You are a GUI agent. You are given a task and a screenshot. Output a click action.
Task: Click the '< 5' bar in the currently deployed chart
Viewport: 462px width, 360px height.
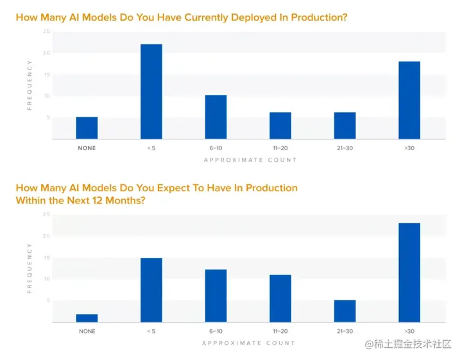(x=151, y=91)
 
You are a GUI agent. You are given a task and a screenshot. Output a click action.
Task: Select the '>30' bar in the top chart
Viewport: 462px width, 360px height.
(x=409, y=100)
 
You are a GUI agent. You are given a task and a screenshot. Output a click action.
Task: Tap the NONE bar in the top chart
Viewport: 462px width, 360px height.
(x=87, y=128)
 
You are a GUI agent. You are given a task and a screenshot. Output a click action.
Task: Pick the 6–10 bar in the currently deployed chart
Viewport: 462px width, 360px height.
(x=216, y=117)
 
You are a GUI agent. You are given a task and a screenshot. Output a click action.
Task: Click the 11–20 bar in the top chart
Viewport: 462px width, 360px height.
(x=280, y=125)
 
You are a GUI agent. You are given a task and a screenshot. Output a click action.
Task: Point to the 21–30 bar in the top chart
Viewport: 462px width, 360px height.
(x=345, y=125)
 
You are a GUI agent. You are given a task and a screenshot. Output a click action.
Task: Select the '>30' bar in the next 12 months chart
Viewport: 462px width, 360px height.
(x=409, y=272)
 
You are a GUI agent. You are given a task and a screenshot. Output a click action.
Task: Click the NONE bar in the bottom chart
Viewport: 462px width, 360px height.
(x=87, y=318)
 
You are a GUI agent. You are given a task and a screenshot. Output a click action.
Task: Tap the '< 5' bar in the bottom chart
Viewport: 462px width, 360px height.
(x=151, y=289)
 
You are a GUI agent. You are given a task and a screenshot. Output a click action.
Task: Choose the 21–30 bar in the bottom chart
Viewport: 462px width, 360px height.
(x=345, y=311)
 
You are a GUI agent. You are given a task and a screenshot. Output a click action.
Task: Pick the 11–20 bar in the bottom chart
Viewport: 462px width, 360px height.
(x=280, y=298)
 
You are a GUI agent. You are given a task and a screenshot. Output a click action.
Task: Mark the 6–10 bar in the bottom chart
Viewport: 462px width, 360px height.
(x=216, y=295)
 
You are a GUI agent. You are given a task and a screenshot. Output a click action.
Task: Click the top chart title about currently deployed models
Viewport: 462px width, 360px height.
(x=181, y=17)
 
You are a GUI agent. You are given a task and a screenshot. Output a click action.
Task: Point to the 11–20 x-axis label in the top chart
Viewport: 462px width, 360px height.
(x=280, y=148)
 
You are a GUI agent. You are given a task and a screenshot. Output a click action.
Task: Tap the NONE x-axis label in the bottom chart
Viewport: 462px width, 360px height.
(x=87, y=331)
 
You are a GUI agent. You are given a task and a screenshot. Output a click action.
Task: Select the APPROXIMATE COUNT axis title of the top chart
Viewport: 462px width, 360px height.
(x=250, y=160)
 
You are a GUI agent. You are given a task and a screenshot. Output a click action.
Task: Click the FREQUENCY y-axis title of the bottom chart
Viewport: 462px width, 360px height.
(x=30, y=269)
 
